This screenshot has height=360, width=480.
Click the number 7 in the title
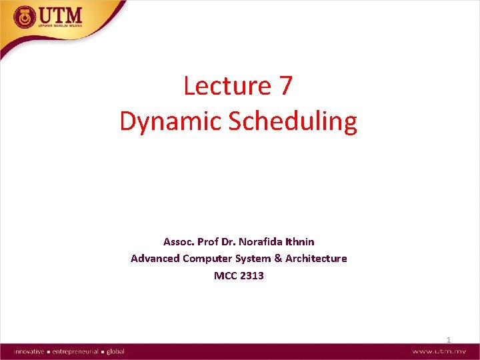(283, 86)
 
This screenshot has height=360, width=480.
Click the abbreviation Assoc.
(179, 241)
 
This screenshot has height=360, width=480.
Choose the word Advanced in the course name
(155, 258)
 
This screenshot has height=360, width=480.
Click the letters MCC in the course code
(225, 275)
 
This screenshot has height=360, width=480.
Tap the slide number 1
(449, 340)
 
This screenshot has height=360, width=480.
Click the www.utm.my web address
(439, 351)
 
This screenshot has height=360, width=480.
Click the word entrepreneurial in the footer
(74, 351)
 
